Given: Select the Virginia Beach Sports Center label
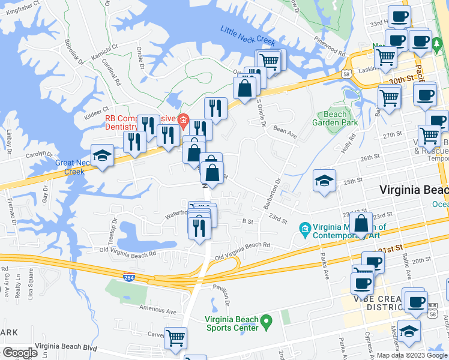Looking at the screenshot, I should tap(232, 323).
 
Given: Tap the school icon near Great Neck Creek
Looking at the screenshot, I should tap(103, 156).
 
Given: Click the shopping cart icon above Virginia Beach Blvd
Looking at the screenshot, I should tap(176, 338).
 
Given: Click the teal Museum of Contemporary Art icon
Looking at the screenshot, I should tap(304, 228).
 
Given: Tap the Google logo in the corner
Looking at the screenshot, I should tap(20, 353).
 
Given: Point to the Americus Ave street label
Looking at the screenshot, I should tap(158, 311).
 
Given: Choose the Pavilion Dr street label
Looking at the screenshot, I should tap(223, 295).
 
